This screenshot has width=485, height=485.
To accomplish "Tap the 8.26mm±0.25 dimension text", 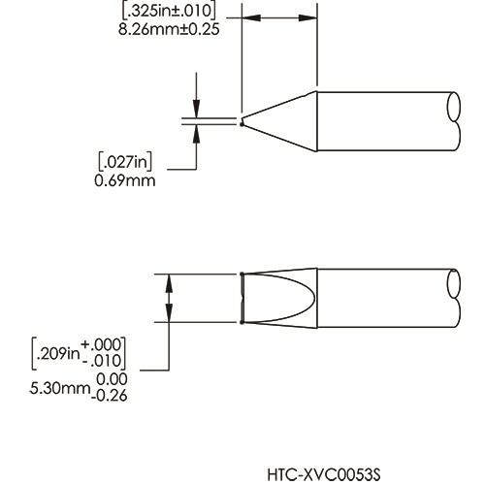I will point(169,29).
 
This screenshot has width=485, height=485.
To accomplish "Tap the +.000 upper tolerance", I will point(107,346).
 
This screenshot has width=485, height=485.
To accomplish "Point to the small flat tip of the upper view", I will point(241,122).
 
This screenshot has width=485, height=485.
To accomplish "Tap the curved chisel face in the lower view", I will point(276,298).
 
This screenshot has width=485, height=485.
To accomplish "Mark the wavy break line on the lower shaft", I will point(457,298).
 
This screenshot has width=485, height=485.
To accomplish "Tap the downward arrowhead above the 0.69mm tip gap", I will point(198,112).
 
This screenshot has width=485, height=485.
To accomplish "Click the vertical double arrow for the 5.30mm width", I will point(170,297).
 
